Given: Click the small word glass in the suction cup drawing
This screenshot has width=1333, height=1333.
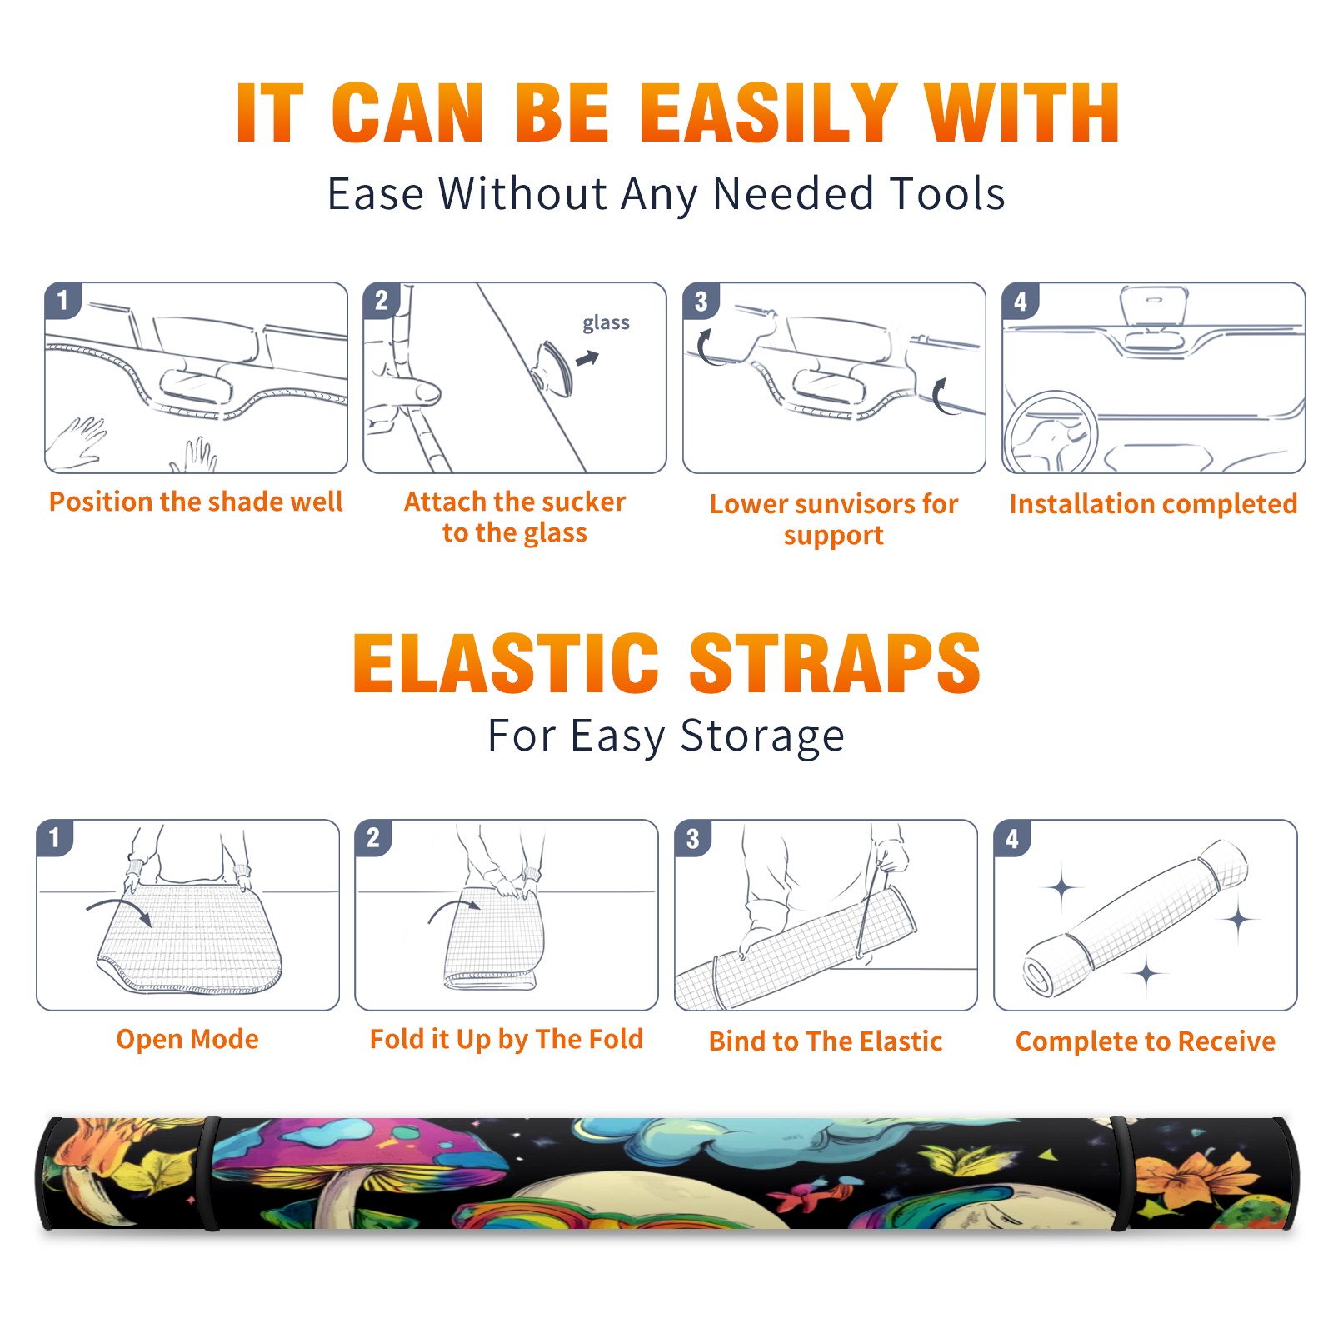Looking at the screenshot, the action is pos(606,323).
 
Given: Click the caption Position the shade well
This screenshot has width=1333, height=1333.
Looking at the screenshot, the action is pos(196,502).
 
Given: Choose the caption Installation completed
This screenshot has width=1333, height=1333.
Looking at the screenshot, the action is pos(1153,504).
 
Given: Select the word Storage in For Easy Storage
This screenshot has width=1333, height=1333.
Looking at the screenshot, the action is pos(762,736).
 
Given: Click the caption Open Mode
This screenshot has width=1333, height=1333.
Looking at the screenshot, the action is pos(187,1039).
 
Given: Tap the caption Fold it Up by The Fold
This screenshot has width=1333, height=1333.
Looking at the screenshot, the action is pos(507,1040).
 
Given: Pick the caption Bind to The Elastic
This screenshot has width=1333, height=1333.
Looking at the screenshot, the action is pos(826,1041).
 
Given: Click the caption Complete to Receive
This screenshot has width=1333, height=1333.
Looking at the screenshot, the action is pos(1146,1041).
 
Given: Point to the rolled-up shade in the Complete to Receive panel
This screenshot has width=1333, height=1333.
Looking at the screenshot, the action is pos(1136,917).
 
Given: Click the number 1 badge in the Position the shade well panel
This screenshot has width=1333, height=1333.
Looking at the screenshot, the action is pos(62,300).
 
